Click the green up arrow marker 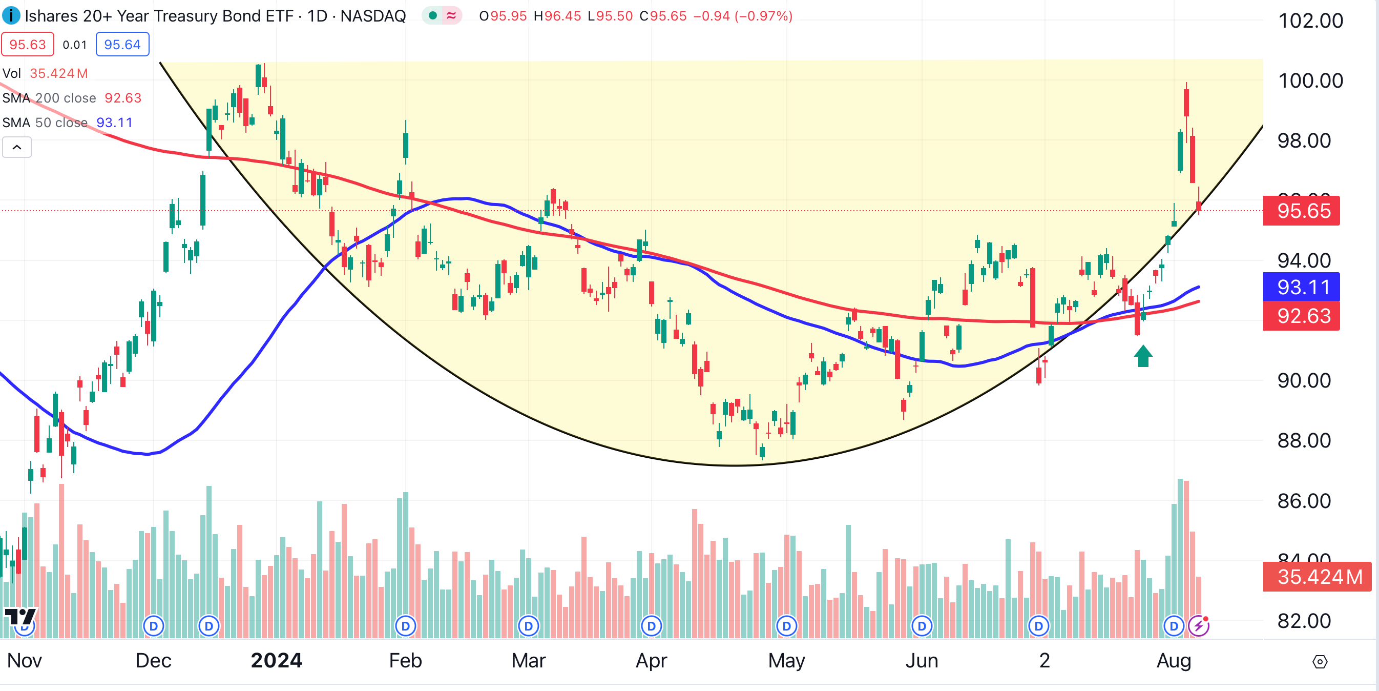click(1143, 356)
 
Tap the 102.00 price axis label click(1310, 21)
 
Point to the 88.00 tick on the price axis click(1304, 441)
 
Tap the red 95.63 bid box click(28, 45)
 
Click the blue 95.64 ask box click(122, 45)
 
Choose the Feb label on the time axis click(405, 661)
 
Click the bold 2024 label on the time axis click(276, 661)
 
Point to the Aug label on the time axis click(1174, 661)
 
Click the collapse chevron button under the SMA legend click(17, 147)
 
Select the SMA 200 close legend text click(49, 98)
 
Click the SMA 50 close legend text click(45, 123)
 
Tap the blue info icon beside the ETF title click(11, 15)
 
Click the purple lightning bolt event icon click(1198, 626)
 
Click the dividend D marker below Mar click(528, 626)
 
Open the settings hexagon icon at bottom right click(1320, 662)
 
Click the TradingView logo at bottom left click(20, 617)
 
